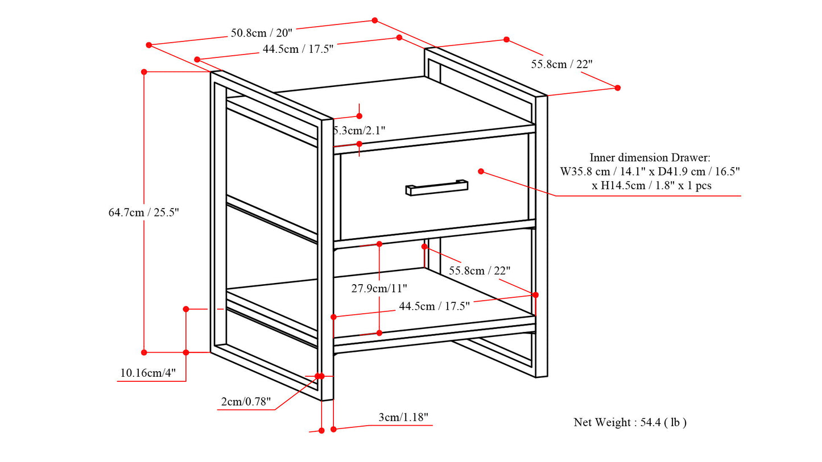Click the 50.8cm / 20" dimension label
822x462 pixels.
click(x=262, y=32)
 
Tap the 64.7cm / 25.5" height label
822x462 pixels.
click(x=144, y=213)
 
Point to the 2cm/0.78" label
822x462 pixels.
click(x=246, y=402)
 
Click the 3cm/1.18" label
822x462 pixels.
click(x=403, y=418)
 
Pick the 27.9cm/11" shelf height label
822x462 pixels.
click(x=379, y=288)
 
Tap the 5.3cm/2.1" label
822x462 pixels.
click(x=359, y=130)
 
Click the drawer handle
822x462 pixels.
click(x=437, y=188)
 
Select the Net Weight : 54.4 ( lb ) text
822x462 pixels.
click(x=630, y=422)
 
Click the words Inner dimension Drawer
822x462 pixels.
click(x=650, y=157)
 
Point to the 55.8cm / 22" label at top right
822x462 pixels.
click(x=561, y=64)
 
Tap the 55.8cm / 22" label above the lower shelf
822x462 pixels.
click(x=480, y=270)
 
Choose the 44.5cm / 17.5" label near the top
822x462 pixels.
click(x=298, y=49)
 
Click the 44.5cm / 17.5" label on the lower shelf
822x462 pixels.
click(x=434, y=306)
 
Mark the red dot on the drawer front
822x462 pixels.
click(x=481, y=171)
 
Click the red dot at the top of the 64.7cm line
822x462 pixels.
click(x=144, y=72)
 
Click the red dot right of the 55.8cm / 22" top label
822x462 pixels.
click(x=618, y=88)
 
